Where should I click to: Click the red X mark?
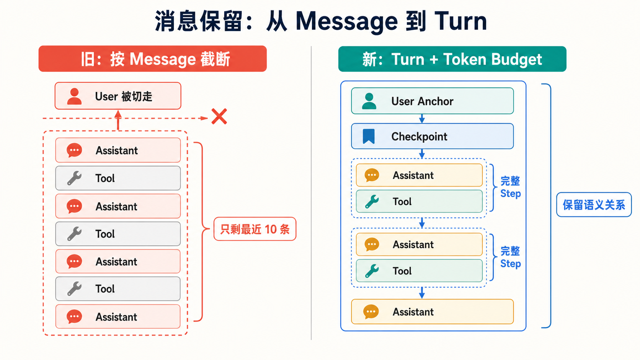click(219, 116)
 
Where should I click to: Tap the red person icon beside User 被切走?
click(74, 96)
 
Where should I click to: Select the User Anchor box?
click(432, 101)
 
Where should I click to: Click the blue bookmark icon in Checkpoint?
click(369, 136)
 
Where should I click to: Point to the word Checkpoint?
click(419, 137)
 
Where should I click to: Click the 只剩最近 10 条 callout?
click(255, 229)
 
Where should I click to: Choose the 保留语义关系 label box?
click(594, 205)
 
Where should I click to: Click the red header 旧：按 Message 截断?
click(153, 59)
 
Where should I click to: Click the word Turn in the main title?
click(460, 21)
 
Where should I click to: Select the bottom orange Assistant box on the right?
click(432, 311)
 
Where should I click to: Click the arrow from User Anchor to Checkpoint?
click(422, 119)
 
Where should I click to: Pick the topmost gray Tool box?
click(118, 178)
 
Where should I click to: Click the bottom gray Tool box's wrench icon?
click(74, 288)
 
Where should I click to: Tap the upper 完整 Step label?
click(510, 187)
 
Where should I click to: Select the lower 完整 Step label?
click(510, 257)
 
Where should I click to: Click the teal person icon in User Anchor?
click(369, 101)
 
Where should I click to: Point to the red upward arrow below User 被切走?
click(118, 121)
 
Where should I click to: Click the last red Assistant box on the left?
click(118, 317)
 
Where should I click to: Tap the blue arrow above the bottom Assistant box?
click(422, 293)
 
